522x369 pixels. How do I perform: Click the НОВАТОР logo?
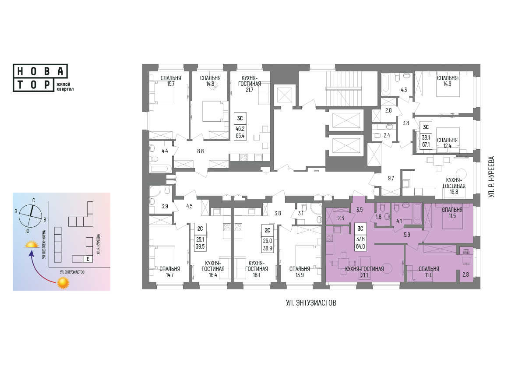(43, 78)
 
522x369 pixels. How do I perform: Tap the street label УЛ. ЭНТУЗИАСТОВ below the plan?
(311, 303)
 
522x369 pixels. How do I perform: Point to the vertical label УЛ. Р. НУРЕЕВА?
(492, 177)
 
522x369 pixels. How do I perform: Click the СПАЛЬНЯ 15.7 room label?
(171, 81)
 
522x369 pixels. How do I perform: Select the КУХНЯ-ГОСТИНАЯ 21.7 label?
(249, 84)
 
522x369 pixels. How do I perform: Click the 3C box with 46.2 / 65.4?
(240, 127)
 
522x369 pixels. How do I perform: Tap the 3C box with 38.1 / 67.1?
(426, 135)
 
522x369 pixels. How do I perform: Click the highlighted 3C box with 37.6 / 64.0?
(360, 237)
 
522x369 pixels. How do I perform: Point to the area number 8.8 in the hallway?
(201, 151)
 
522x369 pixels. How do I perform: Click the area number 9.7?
(391, 178)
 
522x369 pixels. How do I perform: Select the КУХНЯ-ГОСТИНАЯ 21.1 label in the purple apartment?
(364, 272)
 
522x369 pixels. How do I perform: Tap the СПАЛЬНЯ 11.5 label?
(452, 213)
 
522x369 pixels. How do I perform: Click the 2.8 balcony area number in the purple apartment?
(466, 274)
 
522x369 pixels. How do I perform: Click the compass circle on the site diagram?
(31, 216)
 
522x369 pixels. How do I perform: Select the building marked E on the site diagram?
(88, 259)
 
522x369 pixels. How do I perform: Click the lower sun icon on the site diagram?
(63, 283)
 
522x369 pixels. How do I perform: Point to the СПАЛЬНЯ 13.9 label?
(300, 272)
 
